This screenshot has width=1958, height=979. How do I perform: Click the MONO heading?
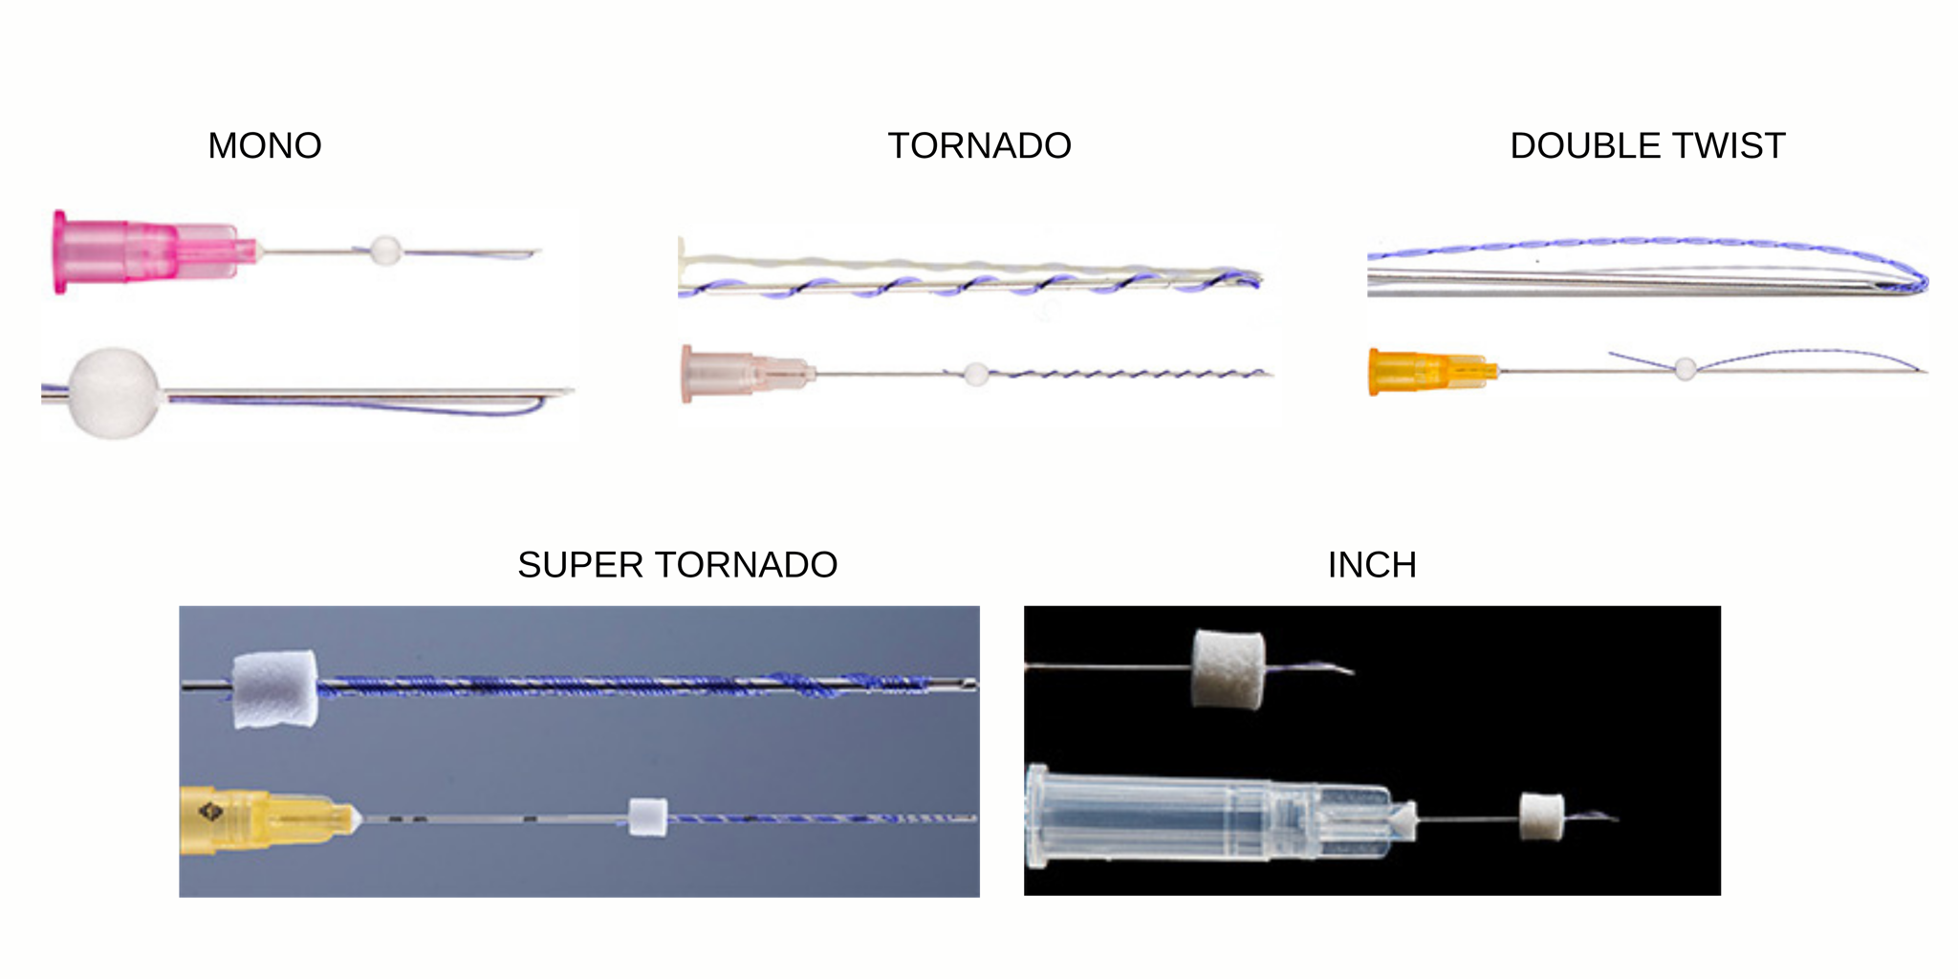[x=265, y=146]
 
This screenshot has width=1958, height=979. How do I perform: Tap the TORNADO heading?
[x=979, y=146]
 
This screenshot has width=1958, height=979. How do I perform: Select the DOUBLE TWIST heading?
[x=1647, y=146]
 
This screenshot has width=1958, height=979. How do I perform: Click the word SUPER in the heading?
[x=580, y=565]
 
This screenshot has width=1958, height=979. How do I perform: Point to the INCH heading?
[x=1372, y=565]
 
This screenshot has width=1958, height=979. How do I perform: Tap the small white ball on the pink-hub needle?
[x=385, y=250]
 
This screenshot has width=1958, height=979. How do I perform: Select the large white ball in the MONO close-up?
[x=114, y=393]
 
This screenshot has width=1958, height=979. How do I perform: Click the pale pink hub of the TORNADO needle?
[x=747, y=373]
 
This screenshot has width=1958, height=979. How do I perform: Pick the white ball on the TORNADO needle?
[x=975, y=374]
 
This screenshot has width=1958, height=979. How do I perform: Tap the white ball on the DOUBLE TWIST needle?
[x=1685, y=368]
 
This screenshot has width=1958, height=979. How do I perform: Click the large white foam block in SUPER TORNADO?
[x=275, y=689]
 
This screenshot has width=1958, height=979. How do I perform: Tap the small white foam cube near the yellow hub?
[x=647, y=817]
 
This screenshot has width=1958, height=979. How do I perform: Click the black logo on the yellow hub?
[x=210, y=814]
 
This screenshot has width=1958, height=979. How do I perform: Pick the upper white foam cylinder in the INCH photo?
[x=1228, y=669]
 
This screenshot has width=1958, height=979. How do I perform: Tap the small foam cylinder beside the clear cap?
[x=1542, y=817]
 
